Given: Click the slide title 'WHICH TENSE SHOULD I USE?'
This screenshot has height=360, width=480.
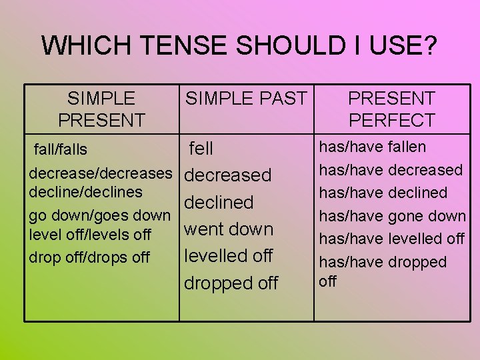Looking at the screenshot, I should point(239,46).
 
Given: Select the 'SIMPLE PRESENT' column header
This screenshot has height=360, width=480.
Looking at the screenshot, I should point(101,109).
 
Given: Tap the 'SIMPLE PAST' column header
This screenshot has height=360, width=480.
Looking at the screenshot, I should point(246,99).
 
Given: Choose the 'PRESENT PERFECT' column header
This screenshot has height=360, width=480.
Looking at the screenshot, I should point(391,109).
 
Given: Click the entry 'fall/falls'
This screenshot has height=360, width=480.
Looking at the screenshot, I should point(61,147).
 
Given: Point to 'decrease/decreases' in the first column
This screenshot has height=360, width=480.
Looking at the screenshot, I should point(101,173).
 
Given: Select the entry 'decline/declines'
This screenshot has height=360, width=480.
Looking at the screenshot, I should point(86,192).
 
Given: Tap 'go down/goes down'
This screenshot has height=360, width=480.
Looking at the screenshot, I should point(100,215).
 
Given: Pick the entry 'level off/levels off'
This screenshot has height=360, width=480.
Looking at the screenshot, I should point(91,235).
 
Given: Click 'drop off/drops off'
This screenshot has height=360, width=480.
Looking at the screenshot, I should point(89,257).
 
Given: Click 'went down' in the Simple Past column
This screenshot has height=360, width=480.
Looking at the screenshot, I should point(229,229).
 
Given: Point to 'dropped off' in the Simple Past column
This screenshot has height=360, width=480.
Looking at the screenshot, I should point(231,283).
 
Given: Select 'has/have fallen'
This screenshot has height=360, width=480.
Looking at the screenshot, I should point(373,147).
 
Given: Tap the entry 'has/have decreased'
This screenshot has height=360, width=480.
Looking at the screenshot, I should point(391,170).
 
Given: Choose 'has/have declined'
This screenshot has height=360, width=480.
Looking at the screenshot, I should point(383,193).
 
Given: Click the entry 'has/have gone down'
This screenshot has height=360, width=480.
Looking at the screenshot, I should point(393,216).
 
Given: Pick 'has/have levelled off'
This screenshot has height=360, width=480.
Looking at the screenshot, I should point(392,239).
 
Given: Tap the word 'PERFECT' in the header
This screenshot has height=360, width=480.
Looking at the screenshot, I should point(391,121).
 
